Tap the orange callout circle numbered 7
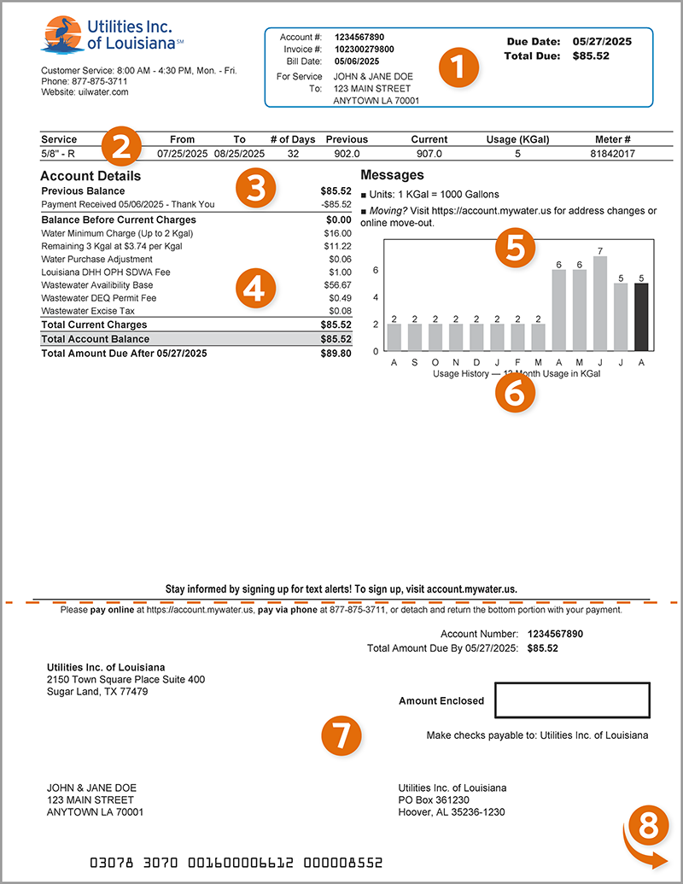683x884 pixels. [x=341, y=733]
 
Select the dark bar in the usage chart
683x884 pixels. [x=642, y=317]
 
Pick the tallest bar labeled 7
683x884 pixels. [x=601, y=302]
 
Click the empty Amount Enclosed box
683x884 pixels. [x=572, y=700]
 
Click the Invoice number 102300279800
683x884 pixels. [x=364, y=50]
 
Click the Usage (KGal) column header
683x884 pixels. [x=511, y=139]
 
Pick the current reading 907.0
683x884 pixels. [x=429, y=154]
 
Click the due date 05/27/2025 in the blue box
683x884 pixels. [x=600, y=41]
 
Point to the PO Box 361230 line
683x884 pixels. [x=434, y=800]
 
